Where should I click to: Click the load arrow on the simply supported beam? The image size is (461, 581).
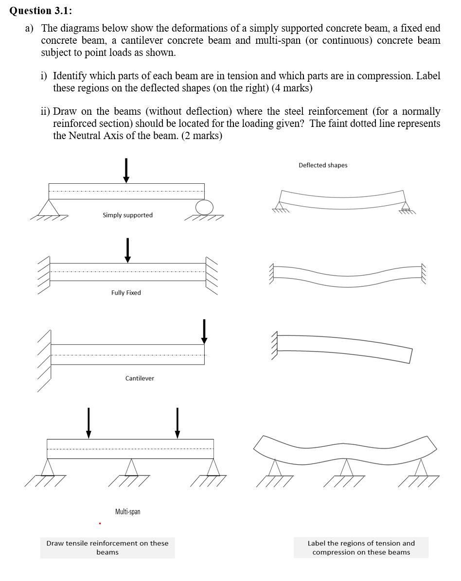(126, 170)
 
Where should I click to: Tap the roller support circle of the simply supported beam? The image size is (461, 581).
(204, 207)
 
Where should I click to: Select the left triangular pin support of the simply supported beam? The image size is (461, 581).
(49, 208)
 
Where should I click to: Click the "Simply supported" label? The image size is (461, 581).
(127, 215)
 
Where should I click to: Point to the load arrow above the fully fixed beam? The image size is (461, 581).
(127, 250)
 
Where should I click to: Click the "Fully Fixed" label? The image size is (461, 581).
(126, 293)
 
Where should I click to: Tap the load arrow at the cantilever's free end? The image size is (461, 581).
(204, 331)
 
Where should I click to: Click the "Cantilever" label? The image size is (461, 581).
(140, 378)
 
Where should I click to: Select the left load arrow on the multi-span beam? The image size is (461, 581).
(89, 422)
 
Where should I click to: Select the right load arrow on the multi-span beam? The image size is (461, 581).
(177, 422)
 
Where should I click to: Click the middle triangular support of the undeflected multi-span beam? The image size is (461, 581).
(130, 468)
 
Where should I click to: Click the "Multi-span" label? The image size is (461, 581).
(127, 511)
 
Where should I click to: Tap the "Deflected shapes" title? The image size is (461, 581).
(323, 165)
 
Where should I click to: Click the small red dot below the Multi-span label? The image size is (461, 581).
(100, 524)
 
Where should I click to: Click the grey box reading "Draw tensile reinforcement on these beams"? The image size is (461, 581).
(107, 547)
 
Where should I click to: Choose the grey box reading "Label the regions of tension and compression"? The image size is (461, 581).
(361, 547)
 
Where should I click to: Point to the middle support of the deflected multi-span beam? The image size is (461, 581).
(346, 468)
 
